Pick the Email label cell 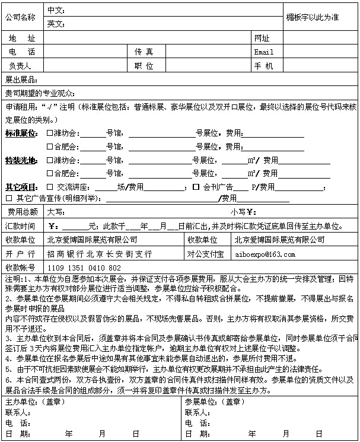pos(263,52)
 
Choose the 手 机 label pos(263,65)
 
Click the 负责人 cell pos(20,65)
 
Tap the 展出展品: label pos(21,80)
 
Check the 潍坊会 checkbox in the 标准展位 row pos(50,133)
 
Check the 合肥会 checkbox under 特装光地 pos(50,174)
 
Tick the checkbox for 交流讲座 pos(50,187)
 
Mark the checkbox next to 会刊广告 pos(196,187)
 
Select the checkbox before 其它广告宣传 pos(9,199)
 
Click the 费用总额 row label pos(23,212)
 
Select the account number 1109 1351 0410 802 pos(84,268)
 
